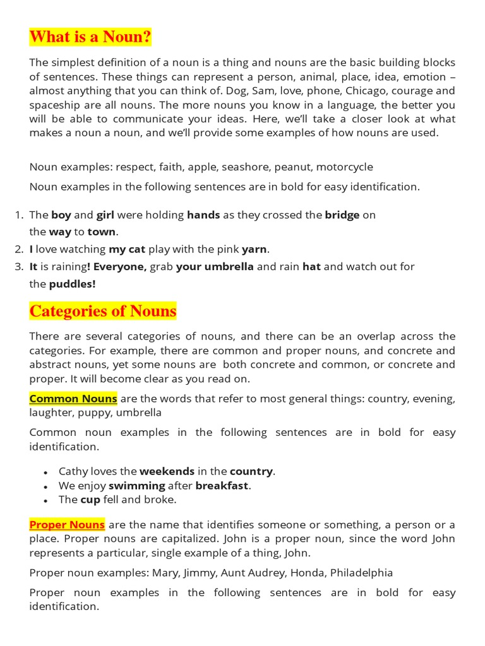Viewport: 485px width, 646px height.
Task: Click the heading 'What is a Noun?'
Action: (90, 37)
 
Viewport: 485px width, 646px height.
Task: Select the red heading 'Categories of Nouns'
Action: (103, 311)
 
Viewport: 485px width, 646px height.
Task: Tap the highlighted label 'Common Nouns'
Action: (73, 399)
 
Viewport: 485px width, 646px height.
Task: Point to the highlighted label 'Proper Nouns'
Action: (68, 525)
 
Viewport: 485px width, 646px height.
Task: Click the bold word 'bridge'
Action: (342, 214)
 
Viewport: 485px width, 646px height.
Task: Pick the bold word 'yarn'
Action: (254, 249)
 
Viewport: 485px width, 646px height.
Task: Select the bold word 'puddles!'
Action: (73, 283)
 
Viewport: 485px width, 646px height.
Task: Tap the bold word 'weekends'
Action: (167, 471)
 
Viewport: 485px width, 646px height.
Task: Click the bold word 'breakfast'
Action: (222, 485)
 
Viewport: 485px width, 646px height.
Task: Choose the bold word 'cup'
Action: (90, 500)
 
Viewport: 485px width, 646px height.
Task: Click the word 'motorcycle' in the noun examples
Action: (344, 167)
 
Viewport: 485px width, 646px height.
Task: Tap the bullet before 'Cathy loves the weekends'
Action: (45, 473)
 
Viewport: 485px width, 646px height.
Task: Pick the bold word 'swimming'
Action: (136, 485)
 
